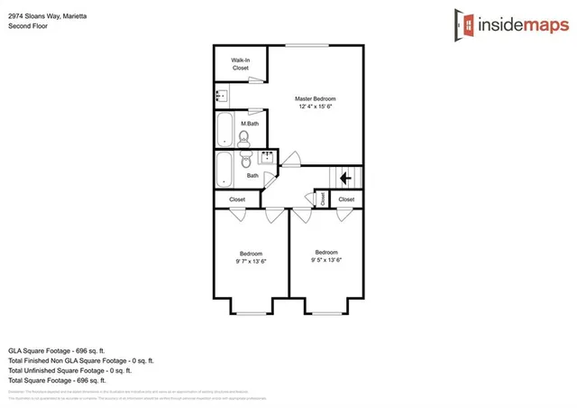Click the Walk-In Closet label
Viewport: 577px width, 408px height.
(240, 64)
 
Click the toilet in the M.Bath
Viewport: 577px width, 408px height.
(243, 137)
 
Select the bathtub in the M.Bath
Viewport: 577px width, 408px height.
(224, 129)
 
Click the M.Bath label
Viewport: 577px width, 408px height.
(250, 123)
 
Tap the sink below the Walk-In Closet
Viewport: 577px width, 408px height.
(219, 94)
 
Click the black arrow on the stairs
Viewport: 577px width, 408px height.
(345, 179)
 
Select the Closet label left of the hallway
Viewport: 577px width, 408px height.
(237, 199)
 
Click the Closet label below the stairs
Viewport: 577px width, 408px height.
(346, 199)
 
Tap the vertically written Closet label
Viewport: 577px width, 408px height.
(322, 199)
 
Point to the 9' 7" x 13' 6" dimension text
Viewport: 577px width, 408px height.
(251, 261)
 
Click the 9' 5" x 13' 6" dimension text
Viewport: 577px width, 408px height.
(326, 260)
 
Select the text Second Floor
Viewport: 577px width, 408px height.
(27, 26)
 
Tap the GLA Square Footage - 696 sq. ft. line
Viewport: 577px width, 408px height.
(69, 348)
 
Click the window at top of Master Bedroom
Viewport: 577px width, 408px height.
(308, 44)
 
